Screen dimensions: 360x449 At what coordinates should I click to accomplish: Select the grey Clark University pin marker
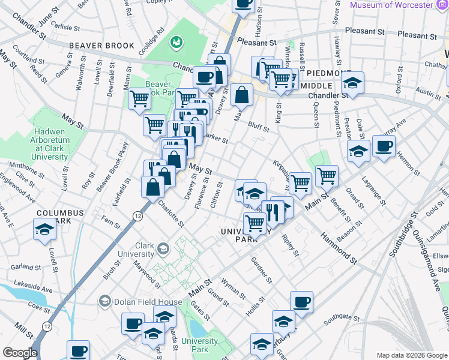coord(162,248)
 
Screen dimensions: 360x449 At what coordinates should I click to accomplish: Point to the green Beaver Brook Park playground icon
coord(176,42)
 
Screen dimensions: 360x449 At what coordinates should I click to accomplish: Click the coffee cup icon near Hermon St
coord(384,146)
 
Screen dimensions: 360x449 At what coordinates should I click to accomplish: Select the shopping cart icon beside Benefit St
coord(327,176)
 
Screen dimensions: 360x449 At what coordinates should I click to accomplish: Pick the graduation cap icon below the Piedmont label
coord(354,83)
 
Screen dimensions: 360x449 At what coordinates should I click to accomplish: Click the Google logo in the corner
coord(20,353)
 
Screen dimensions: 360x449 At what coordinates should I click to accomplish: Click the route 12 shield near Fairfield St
coord(138,215)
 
